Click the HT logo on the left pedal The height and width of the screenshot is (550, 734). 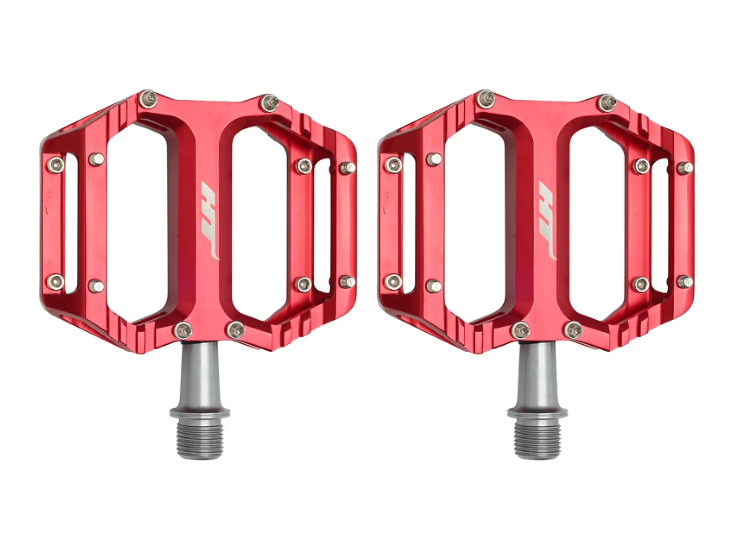pyautogui.click(x=209, y=220)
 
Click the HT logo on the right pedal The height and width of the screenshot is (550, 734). pyautogui.click(x=547, y=220)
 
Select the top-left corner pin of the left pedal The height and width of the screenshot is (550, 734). pyautogui.click(x=148, y=99)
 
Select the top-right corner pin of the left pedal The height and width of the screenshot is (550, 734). pyautogui.click(x=269, y=103)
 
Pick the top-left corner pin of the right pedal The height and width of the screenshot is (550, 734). pyautogui.click(x=486, y=99)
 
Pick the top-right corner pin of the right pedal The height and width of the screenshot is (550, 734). pyautogui.click(x=607, y=103)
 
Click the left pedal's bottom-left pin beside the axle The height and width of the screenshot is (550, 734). pyautogui.click(x=183, y=330)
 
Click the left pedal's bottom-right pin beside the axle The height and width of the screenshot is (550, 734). pyautogui.click(x=236, y=330)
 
